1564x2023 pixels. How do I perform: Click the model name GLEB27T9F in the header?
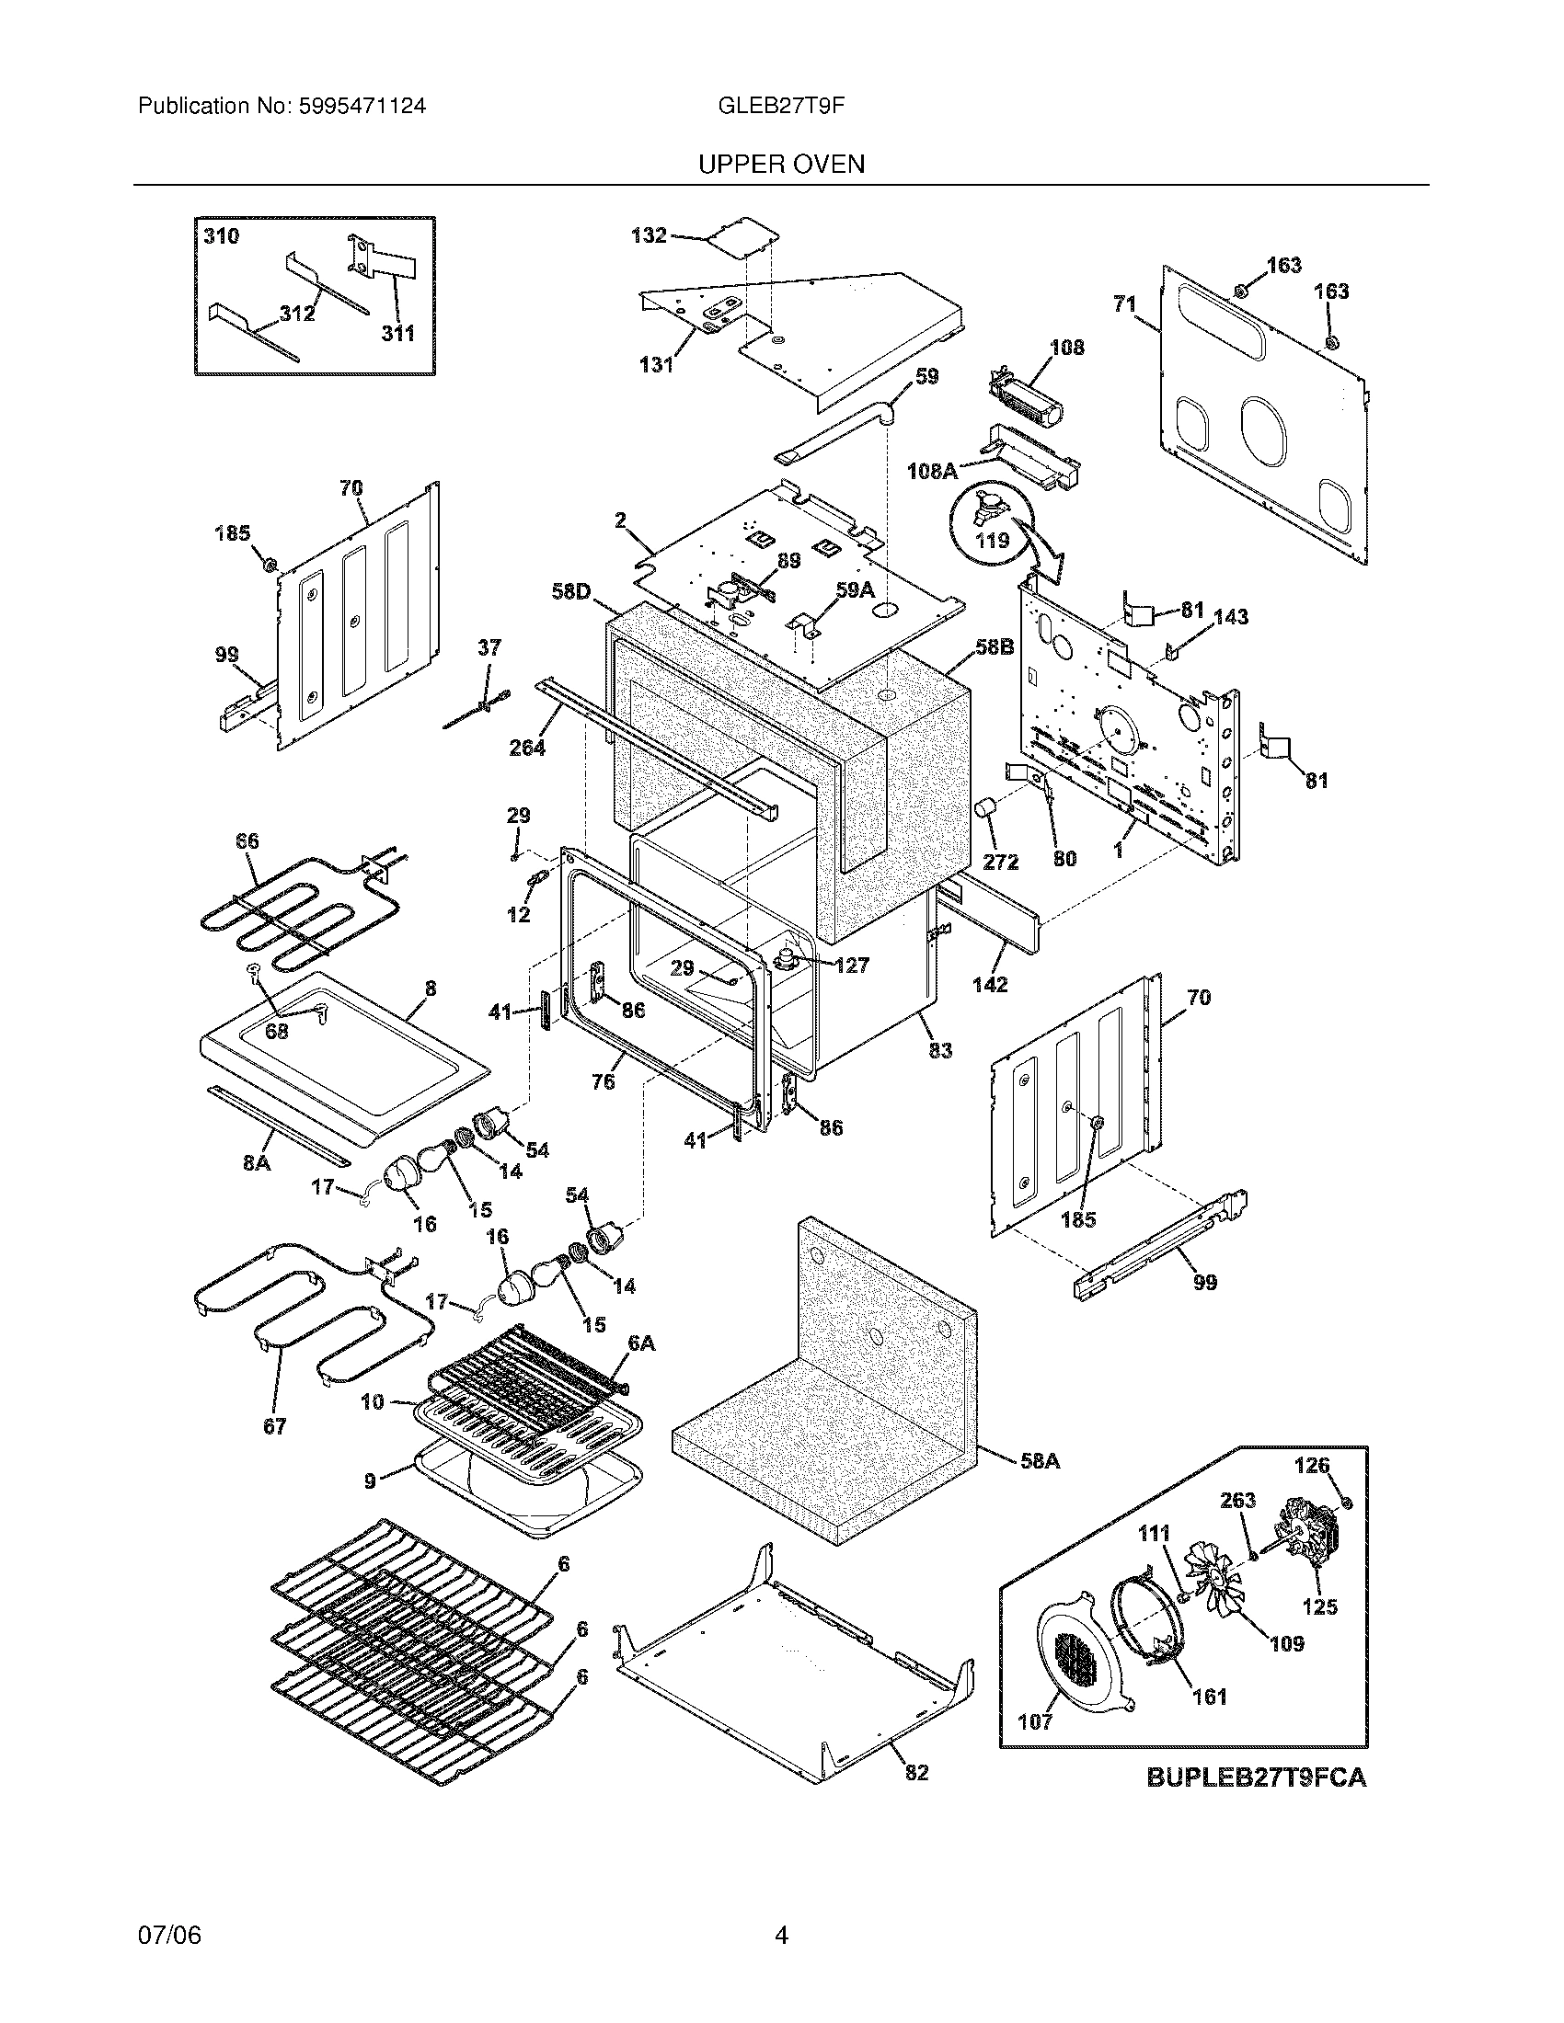(780, 106)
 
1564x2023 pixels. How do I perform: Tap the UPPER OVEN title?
(781, 164)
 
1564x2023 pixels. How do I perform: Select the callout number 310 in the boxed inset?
(222, 236)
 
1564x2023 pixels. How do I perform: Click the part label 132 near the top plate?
(649, 235)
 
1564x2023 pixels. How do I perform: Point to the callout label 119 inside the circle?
(993, 539)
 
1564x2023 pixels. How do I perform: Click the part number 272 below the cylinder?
(1000, 862)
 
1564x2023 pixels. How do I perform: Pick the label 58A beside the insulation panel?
(1040, 1462)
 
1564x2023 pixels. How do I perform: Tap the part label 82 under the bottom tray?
(915, 1772)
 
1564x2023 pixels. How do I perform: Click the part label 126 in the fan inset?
(1311, 1466)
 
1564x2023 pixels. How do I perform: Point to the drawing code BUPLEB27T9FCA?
(1257, 1777)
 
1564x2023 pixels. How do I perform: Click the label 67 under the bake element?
(274, 1426)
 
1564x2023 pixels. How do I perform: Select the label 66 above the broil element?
(247, 841)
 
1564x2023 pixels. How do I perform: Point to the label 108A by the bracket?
(932, 471)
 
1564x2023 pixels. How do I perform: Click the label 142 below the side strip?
(990, 985)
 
